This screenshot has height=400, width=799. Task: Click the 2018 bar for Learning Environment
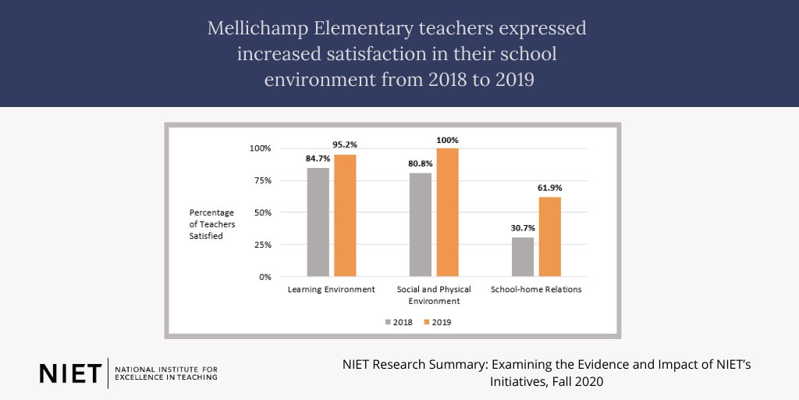tap(318, 222)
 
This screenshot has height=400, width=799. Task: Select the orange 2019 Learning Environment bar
tap(345, 215)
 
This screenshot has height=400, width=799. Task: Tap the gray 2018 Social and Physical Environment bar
tap(421, 224)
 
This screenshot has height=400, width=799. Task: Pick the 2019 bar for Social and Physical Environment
tap(448, 212)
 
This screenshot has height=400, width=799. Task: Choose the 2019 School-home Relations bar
tap(549, 237)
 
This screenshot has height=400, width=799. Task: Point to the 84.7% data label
tap(318, 159)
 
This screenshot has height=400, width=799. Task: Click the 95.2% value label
tap(345, 145)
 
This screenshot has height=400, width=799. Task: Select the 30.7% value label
tap(523, 228)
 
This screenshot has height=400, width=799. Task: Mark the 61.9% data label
tap(549, 188)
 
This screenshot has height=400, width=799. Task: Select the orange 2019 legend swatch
tap(426, 322)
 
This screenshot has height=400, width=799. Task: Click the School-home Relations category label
tap(536, 289)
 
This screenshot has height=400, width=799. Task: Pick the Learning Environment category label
tap(332, 289)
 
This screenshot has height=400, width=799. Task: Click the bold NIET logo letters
tap(69, 373)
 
